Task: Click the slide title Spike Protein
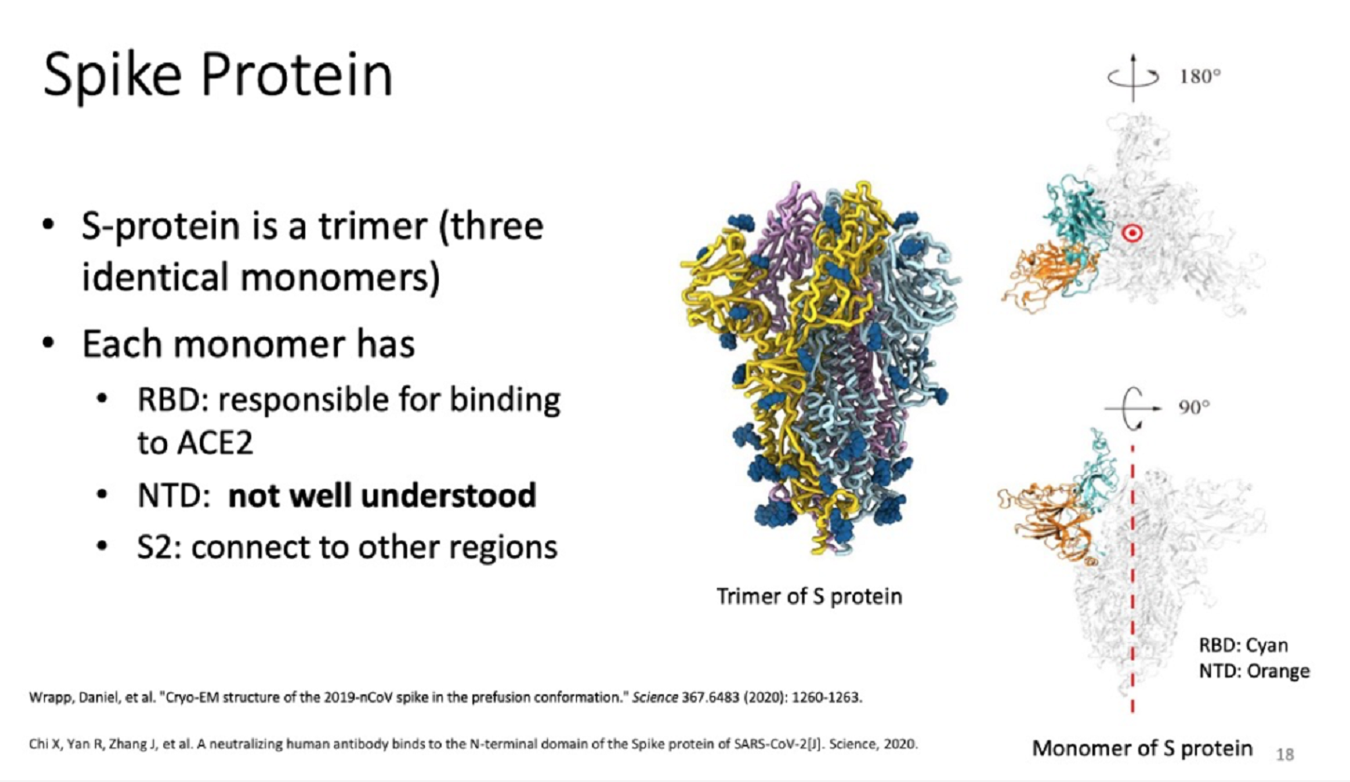pyautogui.click(x=218, y=77)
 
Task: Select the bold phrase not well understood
pyautogui.click(x=382, y=496)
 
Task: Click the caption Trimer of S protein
pyautogui.click(x=809, y=596)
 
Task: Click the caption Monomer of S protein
pyautogui.click(x=1142, y=747)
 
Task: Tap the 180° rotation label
pyautogui.click(x=1200, y=77)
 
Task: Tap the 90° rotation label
pyautogui.click(x=1194, y=407)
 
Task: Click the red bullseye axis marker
pyautogui.click(x=1132, y=233)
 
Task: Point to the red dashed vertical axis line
pyautogui.click(x=1132, y=580)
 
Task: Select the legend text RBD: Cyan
pyautogui.click(x=1243, y=645)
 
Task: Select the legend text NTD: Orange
pyautogui.click(x=1254, y=671)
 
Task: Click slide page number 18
pyautogui.click(x=1285, y=754)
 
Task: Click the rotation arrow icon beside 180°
pyautogui.click(x=1133, y=77)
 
